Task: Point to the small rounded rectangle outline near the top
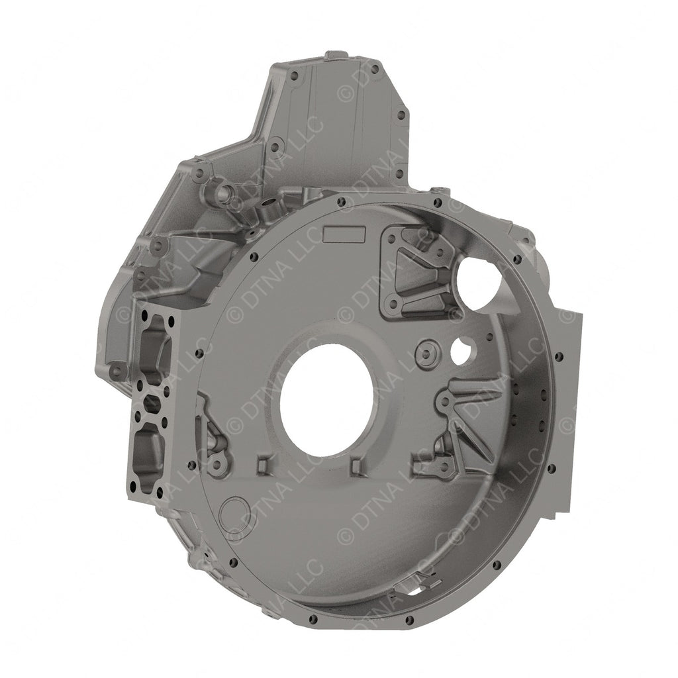(345, 233)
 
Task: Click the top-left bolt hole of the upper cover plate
(295, 75)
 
